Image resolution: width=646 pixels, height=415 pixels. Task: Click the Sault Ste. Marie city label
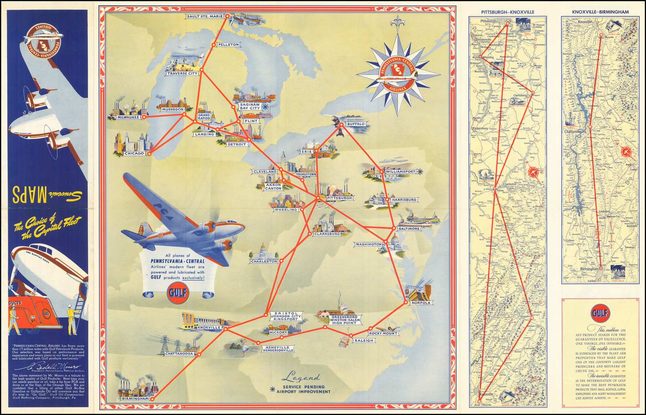(x=205, y=17)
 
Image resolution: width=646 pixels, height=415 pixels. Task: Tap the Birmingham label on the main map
(x=135, y=398)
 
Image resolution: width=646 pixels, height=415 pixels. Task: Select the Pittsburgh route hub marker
(x=318, y=198)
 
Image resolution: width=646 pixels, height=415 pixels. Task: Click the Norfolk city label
(x=421, y=302)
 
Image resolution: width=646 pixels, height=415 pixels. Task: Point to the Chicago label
(x=134, y=153)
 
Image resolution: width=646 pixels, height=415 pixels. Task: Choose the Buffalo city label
(x=356, y=124)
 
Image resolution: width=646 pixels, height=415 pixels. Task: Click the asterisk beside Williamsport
(x=419, y=171)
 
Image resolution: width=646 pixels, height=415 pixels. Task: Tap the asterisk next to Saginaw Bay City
(x=265, y=107)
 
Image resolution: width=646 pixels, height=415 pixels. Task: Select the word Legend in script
(x=300, y=378)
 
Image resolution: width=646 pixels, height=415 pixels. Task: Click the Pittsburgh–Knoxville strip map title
(x=508, y=12)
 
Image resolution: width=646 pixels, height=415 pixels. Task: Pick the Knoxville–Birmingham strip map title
(x=600, y=12)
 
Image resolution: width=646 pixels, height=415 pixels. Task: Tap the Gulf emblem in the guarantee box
(x=600, y=313)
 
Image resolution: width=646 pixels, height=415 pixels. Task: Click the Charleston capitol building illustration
(x=263, y=252)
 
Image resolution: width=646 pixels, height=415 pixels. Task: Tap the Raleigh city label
(x=364, y=340)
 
